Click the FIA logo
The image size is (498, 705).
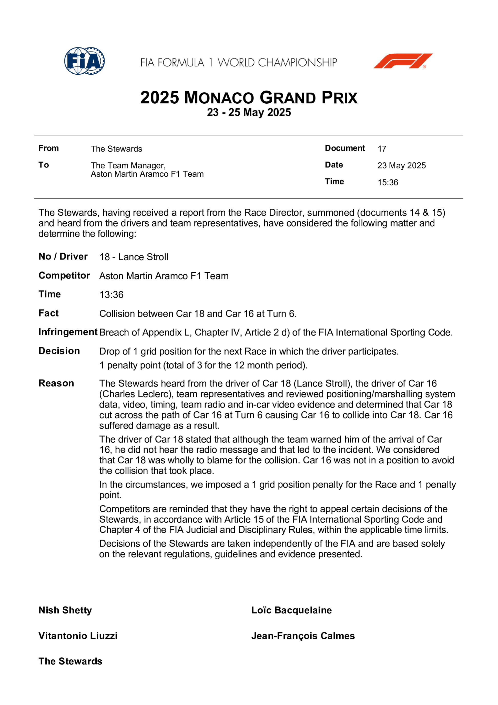coord(84,61)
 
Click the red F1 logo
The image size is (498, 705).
coord(403,61)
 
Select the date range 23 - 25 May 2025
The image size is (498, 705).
coord(249,112)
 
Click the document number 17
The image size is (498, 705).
coord(382,149)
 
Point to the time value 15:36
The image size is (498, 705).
coord(388,182)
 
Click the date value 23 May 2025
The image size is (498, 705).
coord(401,165)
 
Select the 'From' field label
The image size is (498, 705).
coord(48,148)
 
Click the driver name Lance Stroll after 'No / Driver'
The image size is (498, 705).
coord(143,257)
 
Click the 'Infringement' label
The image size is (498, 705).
coord(68,332)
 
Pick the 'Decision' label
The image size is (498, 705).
coord(59,351)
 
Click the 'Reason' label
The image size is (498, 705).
coord(56,383)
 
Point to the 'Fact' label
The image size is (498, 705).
coord(48,313)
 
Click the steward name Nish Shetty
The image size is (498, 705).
coord(65,610)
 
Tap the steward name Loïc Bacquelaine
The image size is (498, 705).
coord(291,610)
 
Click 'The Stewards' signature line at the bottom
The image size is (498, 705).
coord(70,661)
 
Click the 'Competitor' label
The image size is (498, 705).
coord(64,275)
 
